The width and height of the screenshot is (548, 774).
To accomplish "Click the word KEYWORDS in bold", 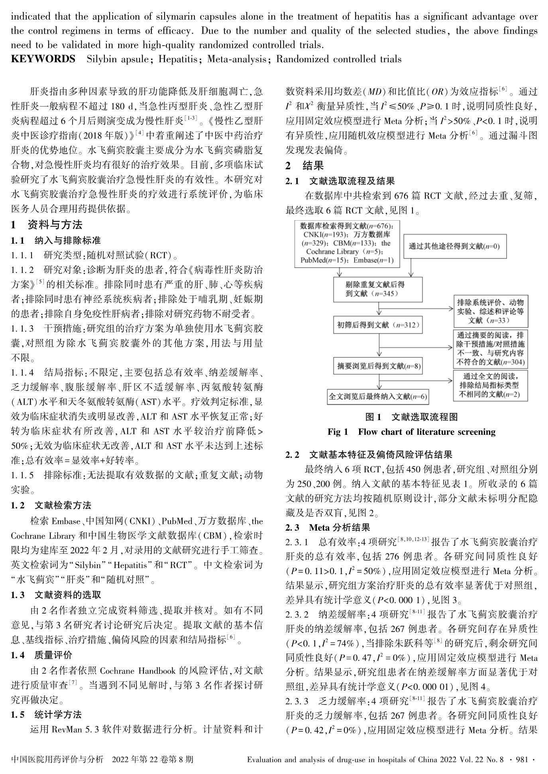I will tap(43, 59).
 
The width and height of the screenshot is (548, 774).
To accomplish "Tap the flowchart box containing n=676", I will tap(346, 243).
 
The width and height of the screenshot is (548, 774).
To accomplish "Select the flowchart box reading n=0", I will tap(454, 246).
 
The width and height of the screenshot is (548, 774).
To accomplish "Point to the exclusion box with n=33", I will tap(490, 311).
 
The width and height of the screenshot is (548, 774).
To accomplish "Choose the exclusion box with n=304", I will tap(490, 349).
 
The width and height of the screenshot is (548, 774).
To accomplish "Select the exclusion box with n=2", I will tap(490, 385).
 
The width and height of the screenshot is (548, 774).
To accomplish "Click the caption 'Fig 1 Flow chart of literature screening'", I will tap(411, 432).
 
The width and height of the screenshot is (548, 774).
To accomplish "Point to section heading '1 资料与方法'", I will tap(47, 225).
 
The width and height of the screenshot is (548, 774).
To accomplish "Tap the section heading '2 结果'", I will tap(305, 166).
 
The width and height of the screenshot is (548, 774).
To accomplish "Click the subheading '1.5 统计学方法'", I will tap(46, 714).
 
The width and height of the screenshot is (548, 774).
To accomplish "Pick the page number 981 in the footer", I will tap(522, 759).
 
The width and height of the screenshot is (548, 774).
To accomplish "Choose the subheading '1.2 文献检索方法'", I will tap(51, 505).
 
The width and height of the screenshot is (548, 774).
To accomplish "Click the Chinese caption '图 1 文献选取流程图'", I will tap(411, 417).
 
